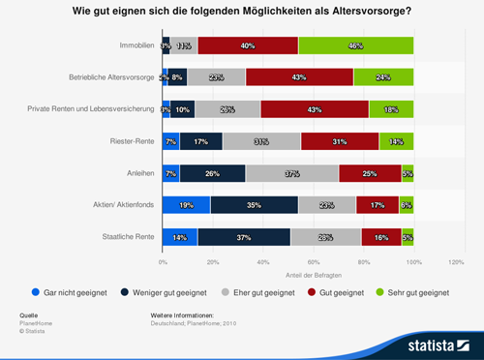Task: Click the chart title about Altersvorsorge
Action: click(241, 13)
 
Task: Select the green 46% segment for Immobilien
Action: click(355, 45)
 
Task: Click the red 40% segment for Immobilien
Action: click(248, 45)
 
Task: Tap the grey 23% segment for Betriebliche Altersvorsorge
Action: click(216, 77)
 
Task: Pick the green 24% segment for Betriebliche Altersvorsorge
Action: click(383, 77)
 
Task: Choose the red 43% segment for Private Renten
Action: click(315, 109)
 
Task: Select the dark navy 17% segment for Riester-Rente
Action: click(201, 141)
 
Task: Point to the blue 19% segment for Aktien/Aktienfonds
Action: click(186, 205)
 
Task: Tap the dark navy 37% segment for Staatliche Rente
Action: click(244, 237)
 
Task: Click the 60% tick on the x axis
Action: click(313, 262)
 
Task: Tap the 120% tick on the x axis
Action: click(463, 262)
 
